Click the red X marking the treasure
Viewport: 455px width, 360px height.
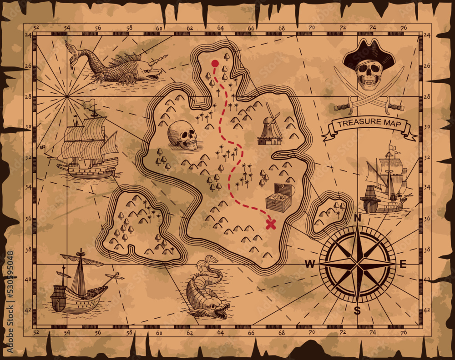tap(271, 224)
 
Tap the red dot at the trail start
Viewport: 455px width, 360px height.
tap(215, 63)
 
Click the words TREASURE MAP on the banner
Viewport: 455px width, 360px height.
tap(369, 123)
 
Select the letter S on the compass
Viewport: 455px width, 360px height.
tap(357, 311)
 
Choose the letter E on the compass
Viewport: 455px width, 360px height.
tap(403, 265)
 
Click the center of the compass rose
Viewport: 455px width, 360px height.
tap(357, 264)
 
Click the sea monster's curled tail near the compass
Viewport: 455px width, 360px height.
tap(209, 262)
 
